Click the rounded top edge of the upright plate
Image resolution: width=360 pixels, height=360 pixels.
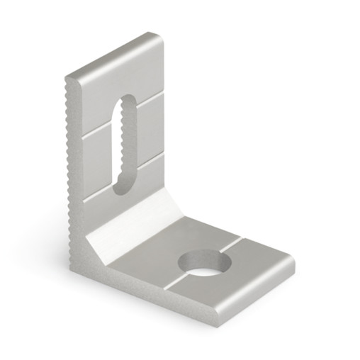tap(113, 53)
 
